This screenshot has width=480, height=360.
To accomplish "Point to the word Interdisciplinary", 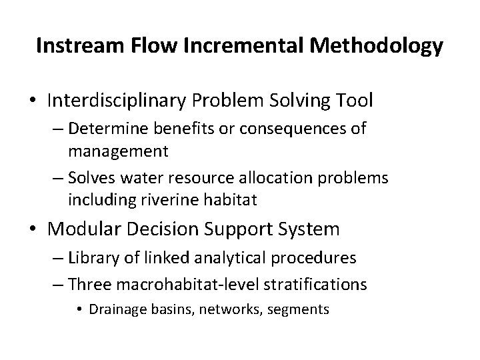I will (x=118, y=101).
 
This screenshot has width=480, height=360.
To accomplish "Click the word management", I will (x=118, y=151).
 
